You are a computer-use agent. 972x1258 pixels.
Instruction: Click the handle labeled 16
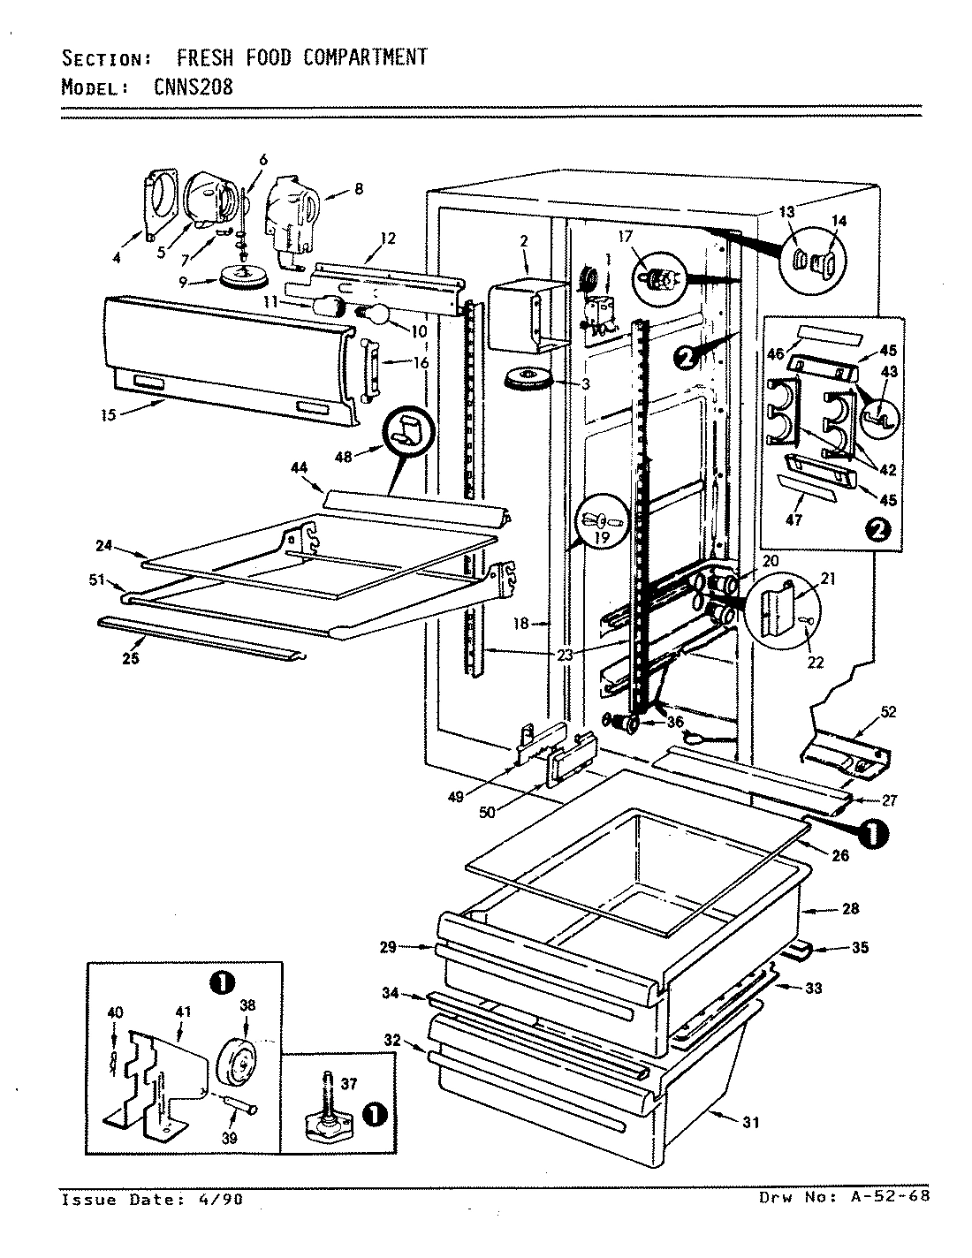(x=370, y=362)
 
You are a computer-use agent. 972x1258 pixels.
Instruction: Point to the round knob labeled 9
(x=238, y=277)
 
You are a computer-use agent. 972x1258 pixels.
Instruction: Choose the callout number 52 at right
(x=887, y=712)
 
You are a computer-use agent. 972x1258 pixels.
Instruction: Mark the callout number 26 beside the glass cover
(x=840, y=855)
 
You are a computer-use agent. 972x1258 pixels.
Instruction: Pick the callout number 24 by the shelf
(x=103, y=546)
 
